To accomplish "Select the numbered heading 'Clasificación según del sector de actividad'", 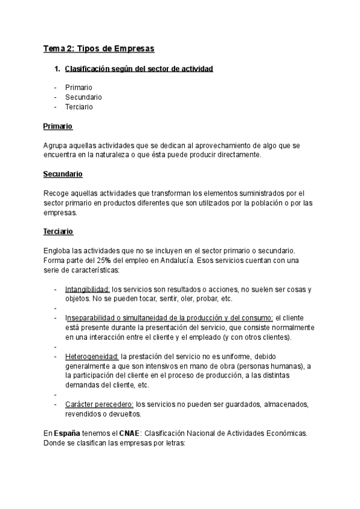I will pos(139,69).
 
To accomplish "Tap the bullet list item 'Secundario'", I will pos(83,97).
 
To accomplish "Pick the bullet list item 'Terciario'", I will pos(79,107).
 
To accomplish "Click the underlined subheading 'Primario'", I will pos(58,127).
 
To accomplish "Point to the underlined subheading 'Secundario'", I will pos(62,174).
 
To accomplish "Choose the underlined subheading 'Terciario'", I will pos(58,230).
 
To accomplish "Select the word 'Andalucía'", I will pos(173,259).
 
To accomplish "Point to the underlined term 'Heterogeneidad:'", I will pos(92,356).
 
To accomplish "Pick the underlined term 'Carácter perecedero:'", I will pos(100,404).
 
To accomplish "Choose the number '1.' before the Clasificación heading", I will pos(58,69).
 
